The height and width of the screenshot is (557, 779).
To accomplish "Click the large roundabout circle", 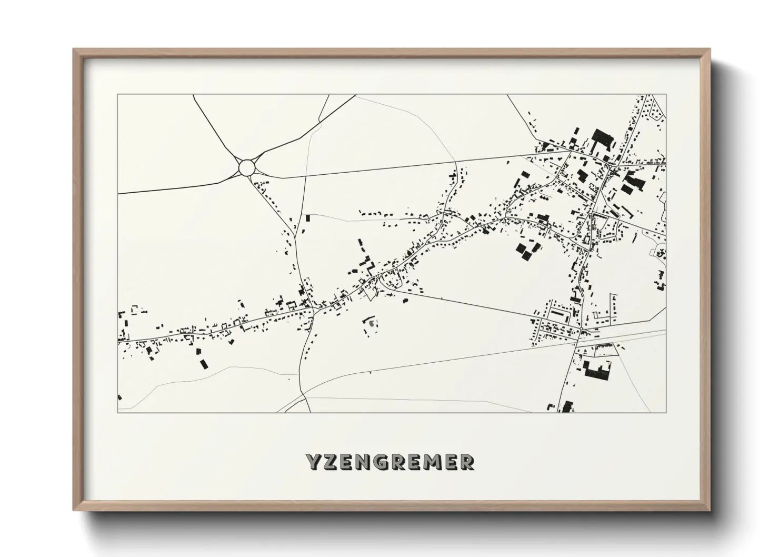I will pos(247,167).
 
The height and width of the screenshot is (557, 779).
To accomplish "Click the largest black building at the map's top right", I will pos(603,140).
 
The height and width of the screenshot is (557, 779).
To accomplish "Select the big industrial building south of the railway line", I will pos(597,370).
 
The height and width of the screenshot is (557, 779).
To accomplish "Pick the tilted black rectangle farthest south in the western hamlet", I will pos(202,363).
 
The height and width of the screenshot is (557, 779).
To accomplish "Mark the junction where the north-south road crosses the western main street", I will pos(314,309).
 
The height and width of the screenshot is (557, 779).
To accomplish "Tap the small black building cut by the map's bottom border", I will pos(567,406).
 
